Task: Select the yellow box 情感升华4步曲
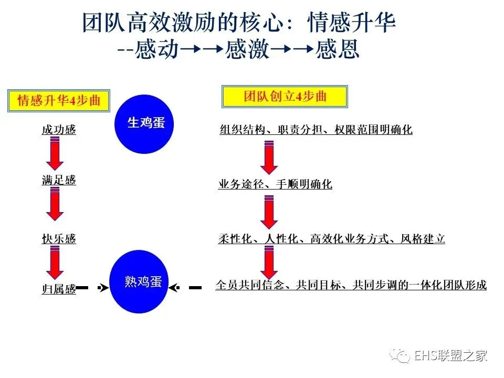click(x=59, y=100)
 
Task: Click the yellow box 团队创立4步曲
click(x=285, y=96)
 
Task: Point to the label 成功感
click(x=59, y=130)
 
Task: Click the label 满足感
click(x=59, y=180)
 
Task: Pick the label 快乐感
click(x=59, y=239)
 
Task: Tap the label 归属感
click(x=59, y=289)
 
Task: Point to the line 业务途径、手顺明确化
click(x=275, y=184)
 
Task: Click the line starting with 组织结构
click(x=316, y=130)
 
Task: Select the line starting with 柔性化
click(x=332, y=239)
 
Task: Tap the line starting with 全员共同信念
click(x=351, y=285)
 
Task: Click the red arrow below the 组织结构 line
click(x=269, y=157)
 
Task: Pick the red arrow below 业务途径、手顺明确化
click(x=269, y=212)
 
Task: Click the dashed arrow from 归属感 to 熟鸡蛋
click(x=94, y=288)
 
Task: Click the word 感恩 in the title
click(x=338, y=50)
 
